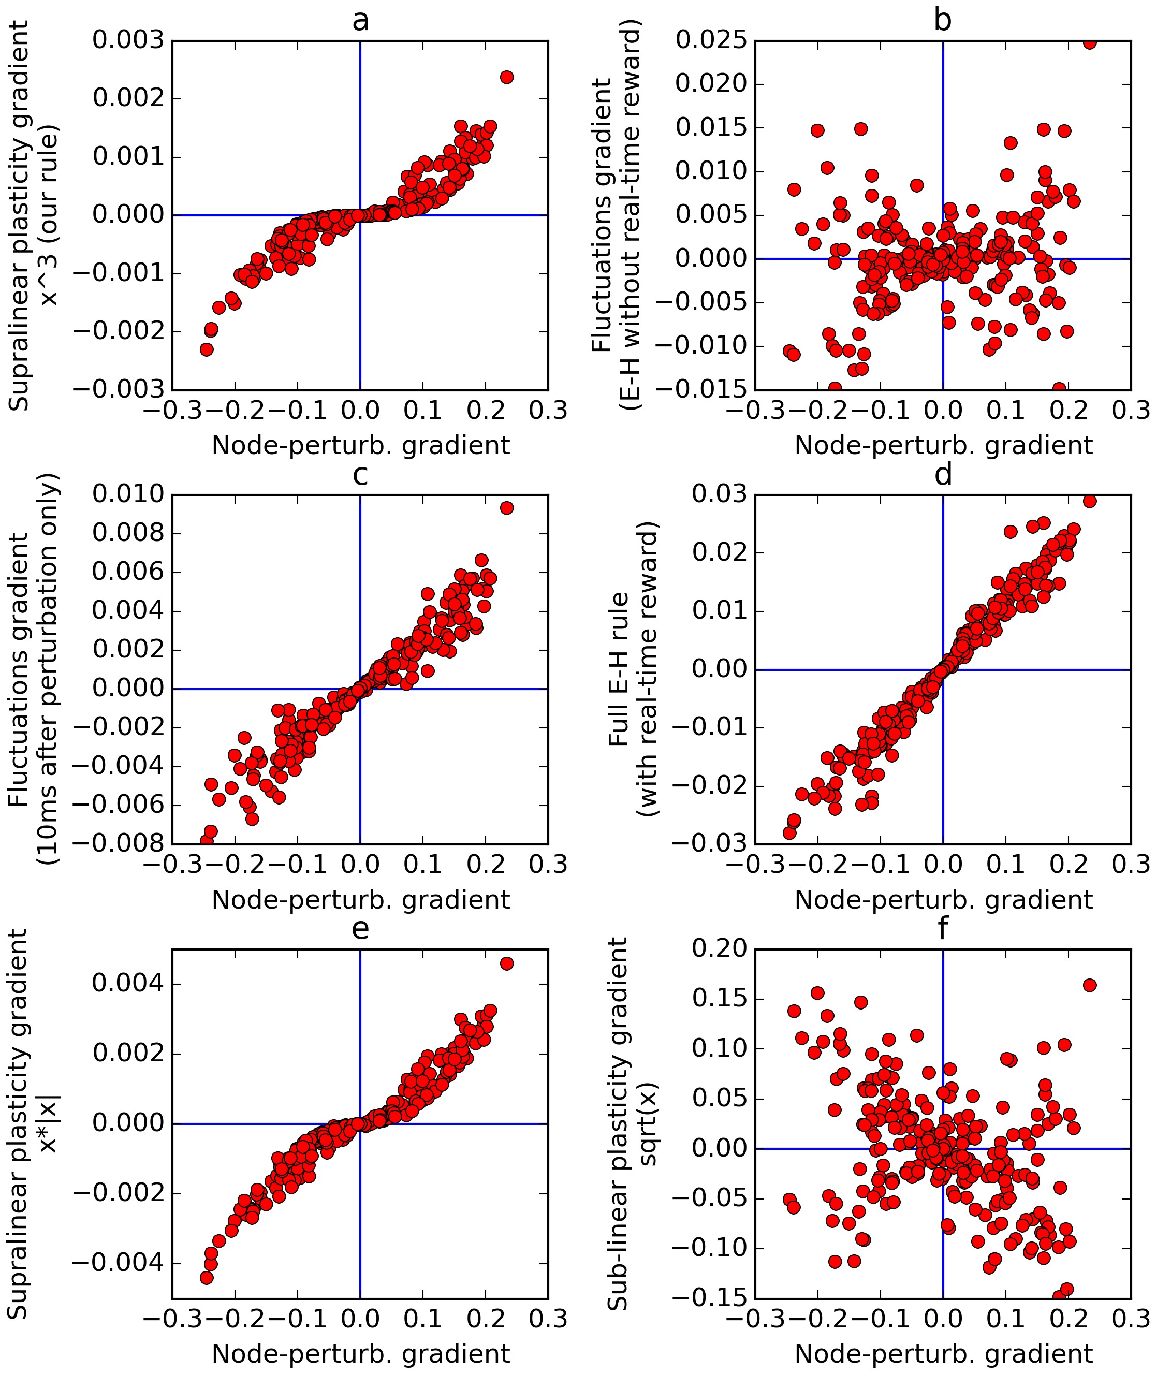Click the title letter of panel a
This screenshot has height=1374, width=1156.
[360, 21]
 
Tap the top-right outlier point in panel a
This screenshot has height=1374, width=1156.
[507, 77]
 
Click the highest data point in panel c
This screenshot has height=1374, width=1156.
[507, 508]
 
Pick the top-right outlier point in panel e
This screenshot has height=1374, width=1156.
[507, 963]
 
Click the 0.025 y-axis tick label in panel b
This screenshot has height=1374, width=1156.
[710, 40]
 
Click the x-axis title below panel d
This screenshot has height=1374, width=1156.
[943, 900]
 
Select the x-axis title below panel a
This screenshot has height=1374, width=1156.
[360, 446]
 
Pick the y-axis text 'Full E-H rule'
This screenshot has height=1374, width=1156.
[619, 669]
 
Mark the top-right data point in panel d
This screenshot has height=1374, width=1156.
[1089, 501]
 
